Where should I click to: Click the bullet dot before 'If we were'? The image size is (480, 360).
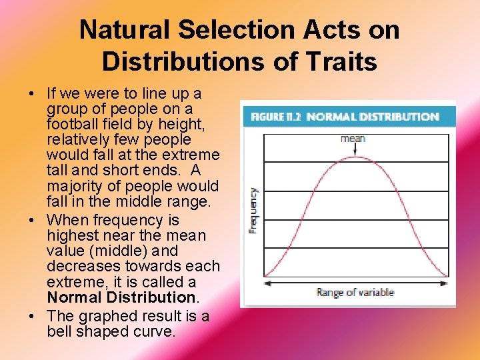tap(32, 94)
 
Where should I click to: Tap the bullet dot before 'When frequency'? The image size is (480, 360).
tap(32, 221)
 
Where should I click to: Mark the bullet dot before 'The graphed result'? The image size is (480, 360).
tap(32, 317)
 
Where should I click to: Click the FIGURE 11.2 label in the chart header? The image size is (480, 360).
tap(275, 117)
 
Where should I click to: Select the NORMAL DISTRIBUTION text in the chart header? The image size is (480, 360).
tap(372, 117)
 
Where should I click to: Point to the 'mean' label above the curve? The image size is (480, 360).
tap(353, 139)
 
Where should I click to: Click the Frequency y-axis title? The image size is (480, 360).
tap(253, 209)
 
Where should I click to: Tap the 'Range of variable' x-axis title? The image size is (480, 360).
tap(355, 293)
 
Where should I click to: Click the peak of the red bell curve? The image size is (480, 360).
tap(353, 157)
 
